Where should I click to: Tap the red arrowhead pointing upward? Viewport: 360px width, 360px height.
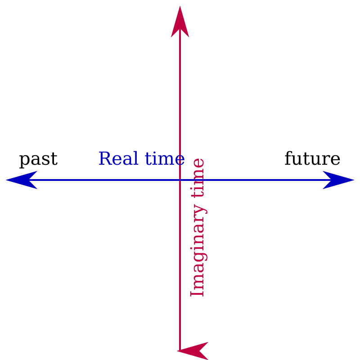(x=180, y=22)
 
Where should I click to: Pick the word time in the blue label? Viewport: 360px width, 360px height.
(x=165, y=159)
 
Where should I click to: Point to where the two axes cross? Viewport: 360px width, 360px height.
(x=180, y=180)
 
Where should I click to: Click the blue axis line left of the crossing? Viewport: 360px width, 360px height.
(x=90, y=180)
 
